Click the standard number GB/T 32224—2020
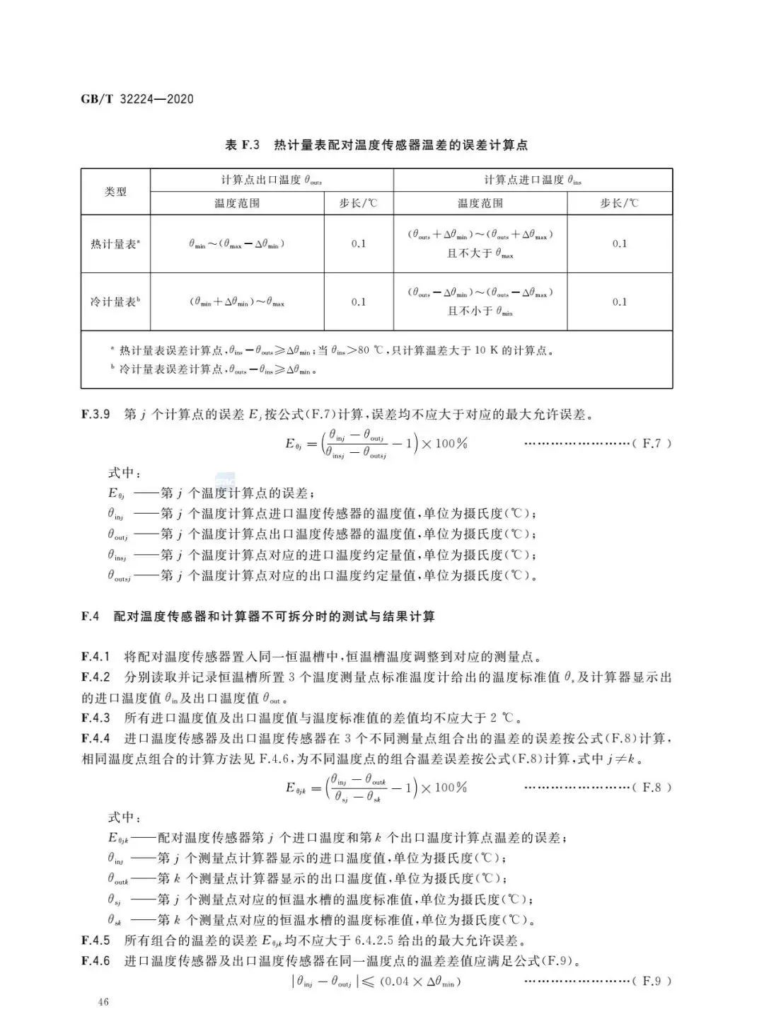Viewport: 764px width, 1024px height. (137, 99)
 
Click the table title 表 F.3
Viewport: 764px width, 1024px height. (242, 145)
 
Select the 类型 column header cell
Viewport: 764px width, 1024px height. (115, 192)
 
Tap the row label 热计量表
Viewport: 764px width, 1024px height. (115, 244)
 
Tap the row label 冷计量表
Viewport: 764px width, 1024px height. (115, 302)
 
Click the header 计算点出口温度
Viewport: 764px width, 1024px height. (272, 180)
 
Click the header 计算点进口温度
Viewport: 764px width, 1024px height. (533, 180)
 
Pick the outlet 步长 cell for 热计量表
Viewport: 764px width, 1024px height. (359, 244)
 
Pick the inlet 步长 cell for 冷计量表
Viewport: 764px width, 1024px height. (619, 302)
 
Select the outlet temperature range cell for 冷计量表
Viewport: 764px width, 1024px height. (237, 302)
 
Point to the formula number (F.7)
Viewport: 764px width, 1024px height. (652, 444)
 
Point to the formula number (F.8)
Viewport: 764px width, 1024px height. (652, 788)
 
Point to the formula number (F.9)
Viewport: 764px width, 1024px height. (652, 981)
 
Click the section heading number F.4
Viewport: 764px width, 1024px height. (91, 616)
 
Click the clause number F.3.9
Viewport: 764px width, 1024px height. (95, 415)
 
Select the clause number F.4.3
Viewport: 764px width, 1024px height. (95, 718)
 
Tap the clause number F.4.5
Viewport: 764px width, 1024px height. (95, 940)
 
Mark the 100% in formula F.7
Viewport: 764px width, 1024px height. (451, 444)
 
